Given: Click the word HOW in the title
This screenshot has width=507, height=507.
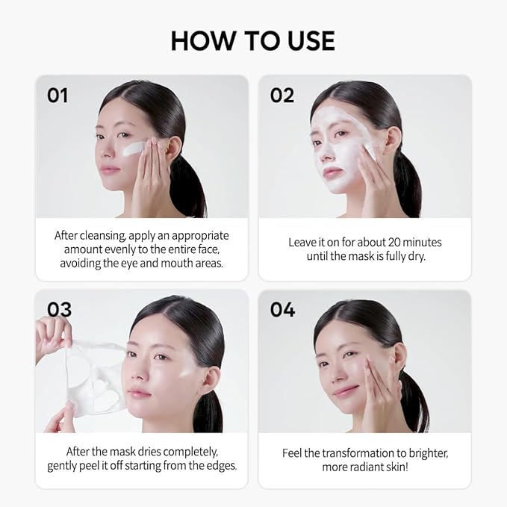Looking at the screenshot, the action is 202,41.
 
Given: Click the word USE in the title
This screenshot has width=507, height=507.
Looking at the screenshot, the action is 311,41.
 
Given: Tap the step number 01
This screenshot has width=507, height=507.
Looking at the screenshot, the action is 57,96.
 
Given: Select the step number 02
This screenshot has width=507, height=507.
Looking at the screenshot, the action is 282,96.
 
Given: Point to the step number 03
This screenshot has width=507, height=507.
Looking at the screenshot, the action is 59,309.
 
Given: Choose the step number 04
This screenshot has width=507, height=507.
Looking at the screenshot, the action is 282,309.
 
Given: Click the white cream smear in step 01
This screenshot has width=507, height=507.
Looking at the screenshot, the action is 134,148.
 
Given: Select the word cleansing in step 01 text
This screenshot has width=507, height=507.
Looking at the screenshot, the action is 103,236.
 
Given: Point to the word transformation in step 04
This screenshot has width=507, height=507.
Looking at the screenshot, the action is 358,453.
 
